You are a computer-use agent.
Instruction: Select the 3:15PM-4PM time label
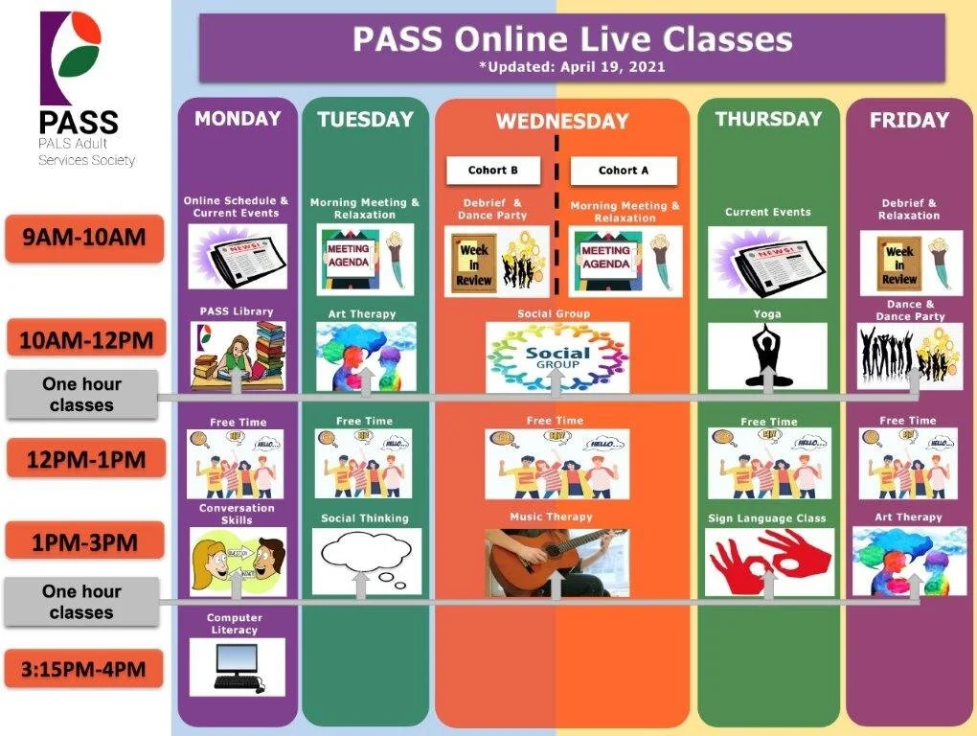tap(84, 669)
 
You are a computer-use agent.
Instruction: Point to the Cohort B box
tap(493, 171)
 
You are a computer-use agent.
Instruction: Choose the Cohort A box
tap(624, 171)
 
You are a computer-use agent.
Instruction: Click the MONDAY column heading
tap(238, 119)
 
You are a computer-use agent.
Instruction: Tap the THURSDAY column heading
tap(768, 119)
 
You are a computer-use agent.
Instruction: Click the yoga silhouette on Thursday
tap(767, 356)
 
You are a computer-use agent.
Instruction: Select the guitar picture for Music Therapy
tap(557, 562)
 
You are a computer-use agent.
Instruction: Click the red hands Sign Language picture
tap(769, 562)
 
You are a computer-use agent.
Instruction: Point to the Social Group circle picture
tap(557, 356)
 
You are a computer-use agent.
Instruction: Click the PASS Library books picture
tap(238, 356)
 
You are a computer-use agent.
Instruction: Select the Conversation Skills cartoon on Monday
tap(238, 562)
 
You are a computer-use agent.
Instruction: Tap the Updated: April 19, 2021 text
tap(572, 67)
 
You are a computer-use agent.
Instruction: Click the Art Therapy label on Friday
tap(908, 517)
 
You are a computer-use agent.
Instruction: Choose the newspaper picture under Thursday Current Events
tap(767, 262)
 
